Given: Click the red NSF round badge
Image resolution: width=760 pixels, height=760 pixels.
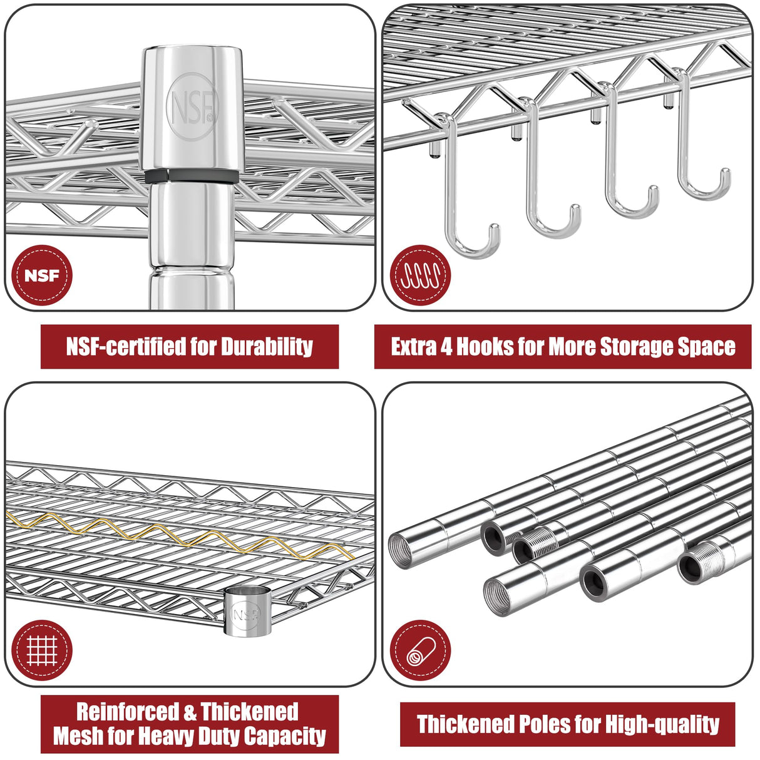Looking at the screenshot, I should tap(42, 275).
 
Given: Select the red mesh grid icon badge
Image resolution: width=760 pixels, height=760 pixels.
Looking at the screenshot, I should tap(42, 650).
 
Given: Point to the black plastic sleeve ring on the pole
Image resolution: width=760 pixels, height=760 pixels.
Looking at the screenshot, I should tap(192, 176).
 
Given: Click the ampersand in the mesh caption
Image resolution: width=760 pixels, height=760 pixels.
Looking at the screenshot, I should tap(190, 712).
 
